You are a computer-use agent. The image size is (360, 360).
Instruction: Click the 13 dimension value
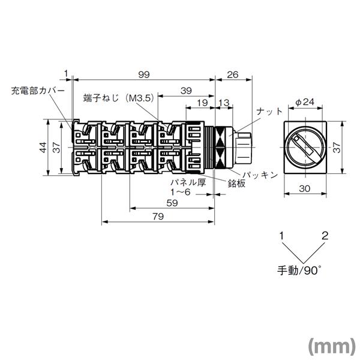point(223,104)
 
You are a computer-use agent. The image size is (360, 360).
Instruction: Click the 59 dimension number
point(171,203)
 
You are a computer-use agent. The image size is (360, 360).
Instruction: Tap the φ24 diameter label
point(305,102)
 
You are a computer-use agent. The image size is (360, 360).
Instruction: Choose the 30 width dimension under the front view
point(305,188)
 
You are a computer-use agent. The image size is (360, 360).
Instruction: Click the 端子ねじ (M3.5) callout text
point(118,97)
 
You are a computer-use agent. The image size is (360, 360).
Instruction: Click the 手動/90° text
point(299,268)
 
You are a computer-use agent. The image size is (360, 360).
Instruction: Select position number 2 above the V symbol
point(325,236)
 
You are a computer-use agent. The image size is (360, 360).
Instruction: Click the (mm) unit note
point(332,346)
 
